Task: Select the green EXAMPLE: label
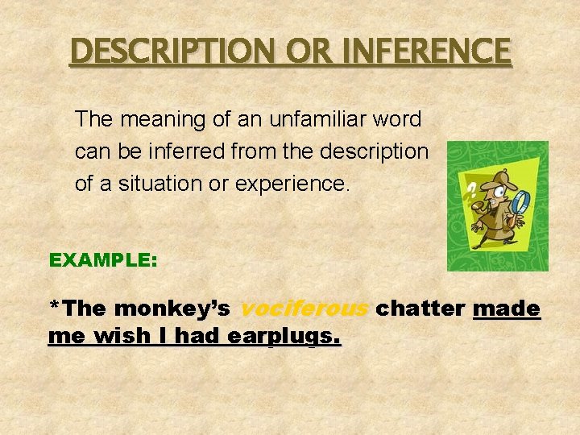click(103, 260)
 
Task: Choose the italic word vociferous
click(304, 309)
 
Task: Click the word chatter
click(421, 309)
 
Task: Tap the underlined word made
click(507, 309)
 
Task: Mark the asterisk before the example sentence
click(54, 307)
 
